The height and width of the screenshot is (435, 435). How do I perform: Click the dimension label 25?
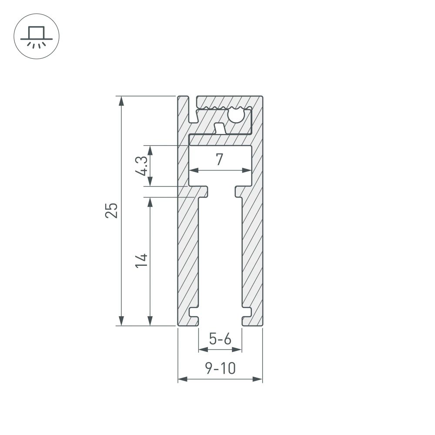112,210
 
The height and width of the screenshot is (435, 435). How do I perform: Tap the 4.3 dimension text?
141,166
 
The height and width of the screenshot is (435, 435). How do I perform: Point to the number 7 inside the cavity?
220,160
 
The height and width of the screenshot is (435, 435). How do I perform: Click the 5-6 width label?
220,338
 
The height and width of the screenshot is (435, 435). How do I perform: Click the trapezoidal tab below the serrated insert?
220,128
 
